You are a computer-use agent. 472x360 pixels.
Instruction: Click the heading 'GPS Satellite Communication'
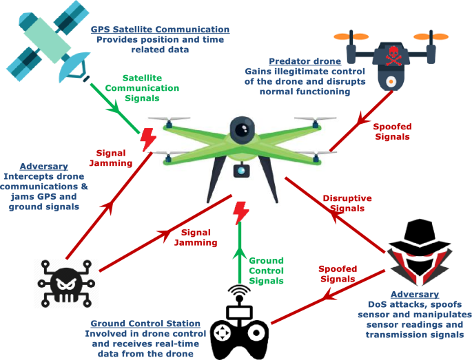click(160, 30)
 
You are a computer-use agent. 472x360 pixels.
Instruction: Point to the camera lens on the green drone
click(241, 129)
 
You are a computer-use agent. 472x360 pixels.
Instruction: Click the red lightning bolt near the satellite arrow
click(147, 140)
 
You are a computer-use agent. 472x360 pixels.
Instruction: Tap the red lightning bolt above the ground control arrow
click(240, 213)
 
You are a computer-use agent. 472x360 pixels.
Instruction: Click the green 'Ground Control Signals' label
click(266, 271)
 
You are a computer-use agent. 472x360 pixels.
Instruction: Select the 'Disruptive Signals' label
click(347, 203)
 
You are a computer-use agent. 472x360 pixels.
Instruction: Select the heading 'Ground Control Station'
click(145, 324)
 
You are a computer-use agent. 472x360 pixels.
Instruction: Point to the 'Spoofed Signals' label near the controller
click(338, 274)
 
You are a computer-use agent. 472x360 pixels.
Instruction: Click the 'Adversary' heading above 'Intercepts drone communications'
click(44, 167)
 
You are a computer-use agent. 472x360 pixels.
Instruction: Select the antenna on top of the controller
click(239, 295)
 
